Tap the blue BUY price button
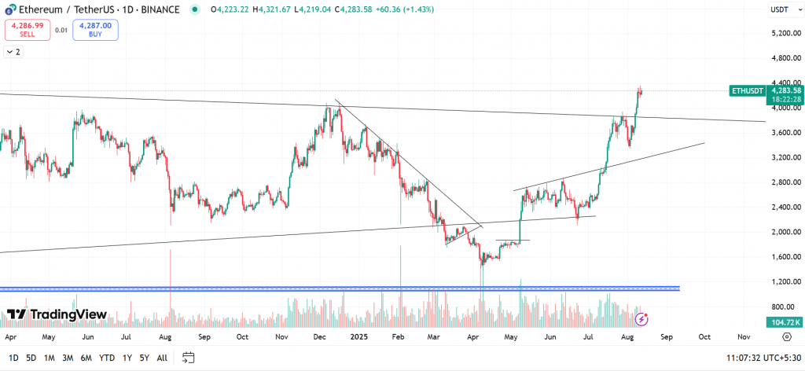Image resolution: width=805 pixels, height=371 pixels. tap(96, 30)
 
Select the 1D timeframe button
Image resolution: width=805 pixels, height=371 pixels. tap(14, 358)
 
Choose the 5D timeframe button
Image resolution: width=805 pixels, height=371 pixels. tap(31, 358)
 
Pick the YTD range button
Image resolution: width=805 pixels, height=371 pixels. tap(106, 358)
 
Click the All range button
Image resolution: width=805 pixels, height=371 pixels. tap(162, 358)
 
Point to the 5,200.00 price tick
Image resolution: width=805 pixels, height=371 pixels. tap(786, 33)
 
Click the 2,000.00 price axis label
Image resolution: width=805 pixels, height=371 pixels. tap(786, 232)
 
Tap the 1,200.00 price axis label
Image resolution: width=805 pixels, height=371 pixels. tap(786, 281)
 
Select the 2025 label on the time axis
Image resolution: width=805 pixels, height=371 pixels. tap(359, 336)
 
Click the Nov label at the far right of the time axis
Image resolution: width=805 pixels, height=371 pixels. tap(743, 336)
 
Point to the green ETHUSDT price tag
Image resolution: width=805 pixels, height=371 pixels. tap(747, 91)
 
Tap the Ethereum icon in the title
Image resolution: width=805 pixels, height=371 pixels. tap(9, 9)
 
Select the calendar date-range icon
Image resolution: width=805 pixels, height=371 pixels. tap(188, 358)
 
